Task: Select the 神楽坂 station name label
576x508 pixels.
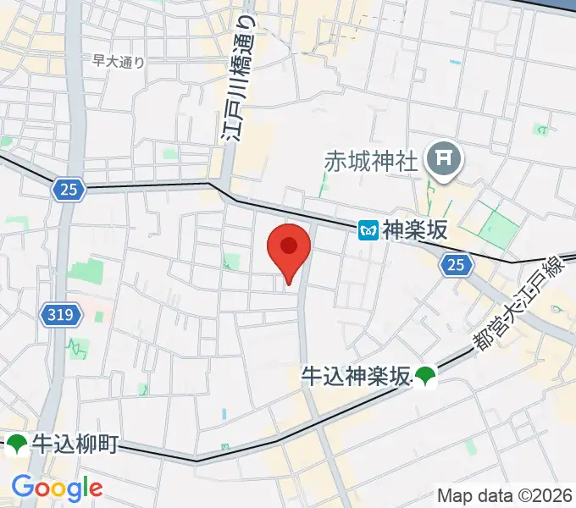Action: coord(413,229)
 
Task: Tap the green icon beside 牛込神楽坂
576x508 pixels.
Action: coord(425,376)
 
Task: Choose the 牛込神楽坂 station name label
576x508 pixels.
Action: coord(356,375)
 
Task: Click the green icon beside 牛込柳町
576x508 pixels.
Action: coord(17,443)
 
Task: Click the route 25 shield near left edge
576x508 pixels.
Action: coord(69,190)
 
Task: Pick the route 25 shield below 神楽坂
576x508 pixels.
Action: coord(456,266)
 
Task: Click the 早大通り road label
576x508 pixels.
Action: coord(119,61)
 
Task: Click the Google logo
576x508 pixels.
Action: coord(57,488)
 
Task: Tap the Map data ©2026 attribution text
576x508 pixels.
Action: coord(505,495)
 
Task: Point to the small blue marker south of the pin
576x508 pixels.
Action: coord(224,414)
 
